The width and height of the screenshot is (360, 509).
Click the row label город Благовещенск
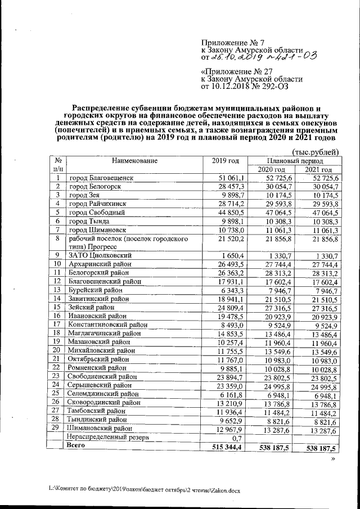(x=101, y=178)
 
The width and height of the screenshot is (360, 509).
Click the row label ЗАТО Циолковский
(x=100, y=256)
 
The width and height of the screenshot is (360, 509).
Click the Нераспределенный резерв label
(x=109, y=436)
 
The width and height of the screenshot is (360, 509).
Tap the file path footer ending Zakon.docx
(x=144, y=489)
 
